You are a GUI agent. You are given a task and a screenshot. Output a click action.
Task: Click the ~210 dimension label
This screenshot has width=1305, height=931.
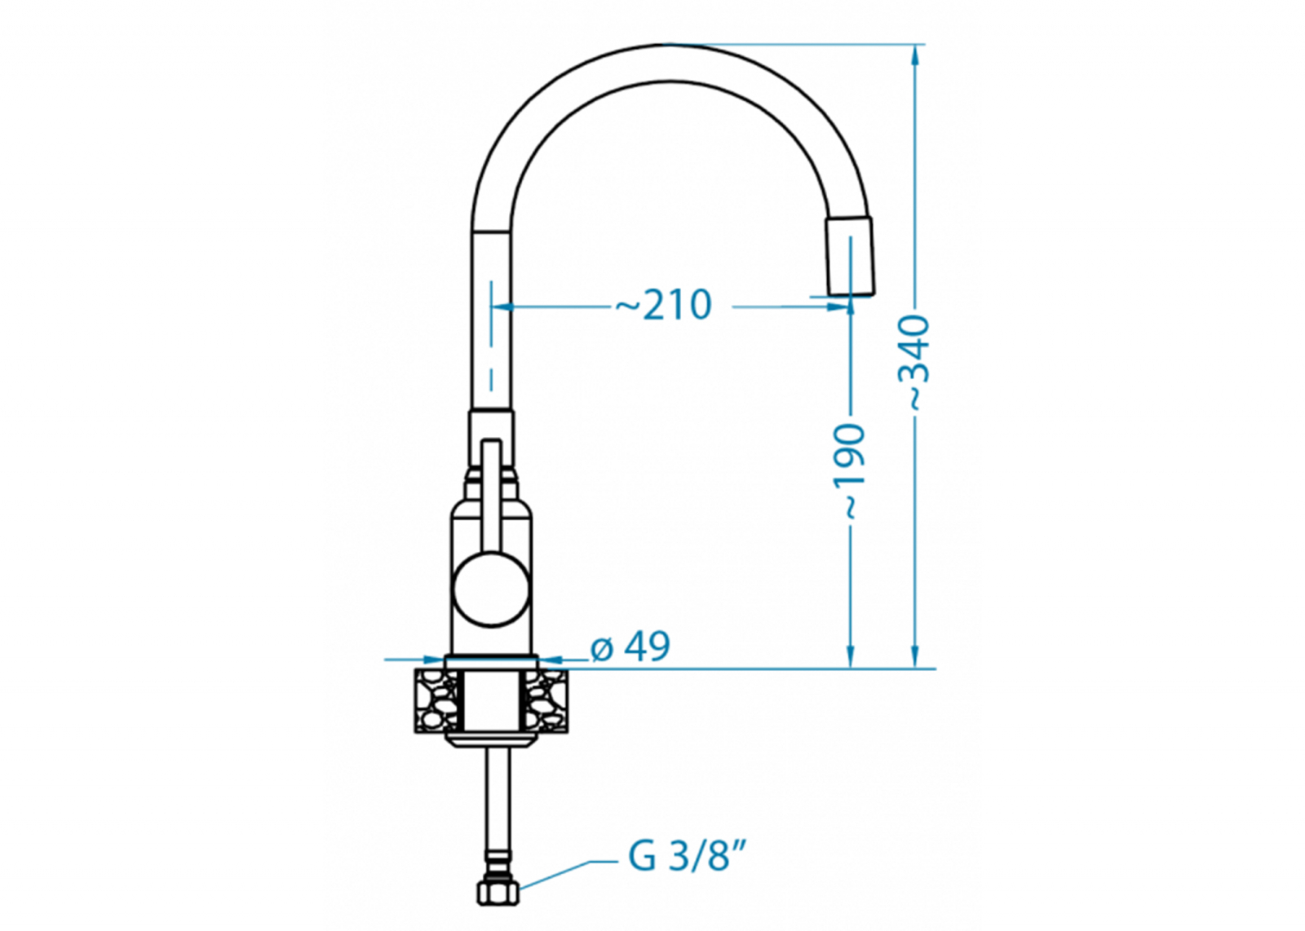click(x=664, y=305)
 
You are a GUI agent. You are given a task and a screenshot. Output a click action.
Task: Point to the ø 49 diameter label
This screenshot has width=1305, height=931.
click(x=630, y=646)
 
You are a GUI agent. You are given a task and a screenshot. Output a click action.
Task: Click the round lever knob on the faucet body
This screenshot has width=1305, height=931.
click(x=491, y=590)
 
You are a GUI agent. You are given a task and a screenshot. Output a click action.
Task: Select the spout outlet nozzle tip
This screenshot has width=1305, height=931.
click(x=851, y=256)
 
